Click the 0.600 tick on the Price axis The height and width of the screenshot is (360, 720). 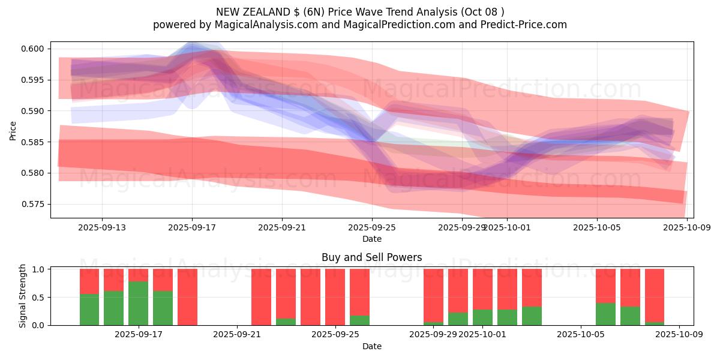(x=34, y=49)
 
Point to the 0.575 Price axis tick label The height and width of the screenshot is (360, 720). (x=34, y=204)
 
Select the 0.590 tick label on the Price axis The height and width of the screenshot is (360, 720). (x=34, y=111)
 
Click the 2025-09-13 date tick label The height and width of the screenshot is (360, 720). (x=101, y=227)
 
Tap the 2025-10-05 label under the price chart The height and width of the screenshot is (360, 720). (x=596, y=227)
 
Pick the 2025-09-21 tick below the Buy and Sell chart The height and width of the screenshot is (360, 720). (x=238, y=334)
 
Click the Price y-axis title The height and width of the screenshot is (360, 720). (x=13, y=130)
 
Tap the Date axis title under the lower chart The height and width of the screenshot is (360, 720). (x=372, y=346)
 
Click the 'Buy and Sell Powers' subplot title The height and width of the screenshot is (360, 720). (x=372, y=257)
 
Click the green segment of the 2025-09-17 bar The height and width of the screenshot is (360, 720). (x=139, y=303)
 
